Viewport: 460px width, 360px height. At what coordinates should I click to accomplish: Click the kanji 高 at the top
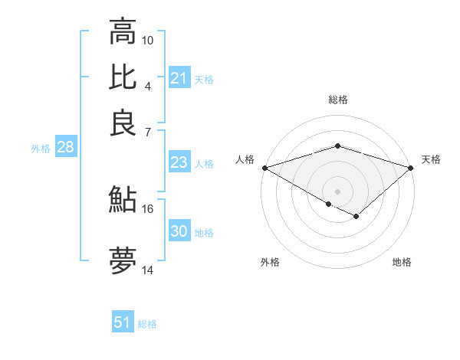123,33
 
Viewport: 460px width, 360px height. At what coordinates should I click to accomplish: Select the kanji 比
123,77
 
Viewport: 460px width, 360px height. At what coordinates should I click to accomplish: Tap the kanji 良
123,123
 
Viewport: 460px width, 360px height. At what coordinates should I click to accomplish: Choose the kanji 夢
123,260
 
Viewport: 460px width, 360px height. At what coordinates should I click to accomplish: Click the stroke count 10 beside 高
148,40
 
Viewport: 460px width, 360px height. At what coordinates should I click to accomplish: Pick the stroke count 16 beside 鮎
148,208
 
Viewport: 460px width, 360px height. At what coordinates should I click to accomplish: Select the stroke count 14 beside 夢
148,270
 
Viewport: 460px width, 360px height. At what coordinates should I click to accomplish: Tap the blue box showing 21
179,78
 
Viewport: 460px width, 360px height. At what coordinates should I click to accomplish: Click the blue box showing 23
179,162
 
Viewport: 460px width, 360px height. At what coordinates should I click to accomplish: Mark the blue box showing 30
179,231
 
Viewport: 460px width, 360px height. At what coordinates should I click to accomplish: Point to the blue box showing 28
65,148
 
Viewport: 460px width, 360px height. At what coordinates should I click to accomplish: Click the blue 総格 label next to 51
147,324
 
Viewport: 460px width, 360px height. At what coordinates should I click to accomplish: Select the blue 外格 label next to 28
41,149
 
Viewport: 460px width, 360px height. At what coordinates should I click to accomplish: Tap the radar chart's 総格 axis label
337,100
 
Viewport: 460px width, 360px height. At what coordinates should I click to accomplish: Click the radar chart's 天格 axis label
432,159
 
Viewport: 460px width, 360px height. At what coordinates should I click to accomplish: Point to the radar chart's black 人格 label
245,159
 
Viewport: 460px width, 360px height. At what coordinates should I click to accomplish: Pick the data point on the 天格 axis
411,167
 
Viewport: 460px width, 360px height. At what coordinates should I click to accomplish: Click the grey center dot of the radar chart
337,191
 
